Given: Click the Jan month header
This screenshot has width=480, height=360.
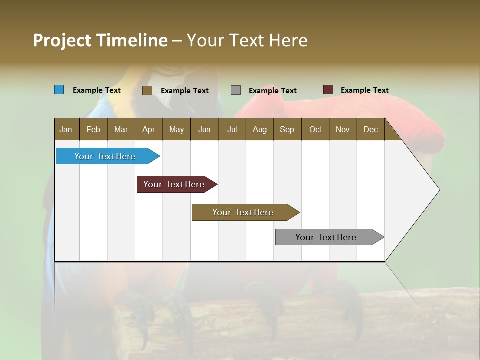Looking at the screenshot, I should click(66, 129).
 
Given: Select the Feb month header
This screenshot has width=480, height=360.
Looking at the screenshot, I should click(93, 129).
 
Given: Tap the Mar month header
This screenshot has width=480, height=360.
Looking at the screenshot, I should click(121, 129).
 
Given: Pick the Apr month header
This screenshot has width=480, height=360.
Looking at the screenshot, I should click(149, 129).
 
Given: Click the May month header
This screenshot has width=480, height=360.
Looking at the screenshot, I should click(176, 129).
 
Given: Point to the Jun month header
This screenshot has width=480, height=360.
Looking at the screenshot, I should click(204, 129).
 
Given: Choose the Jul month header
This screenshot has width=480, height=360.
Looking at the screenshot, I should click(232, 129).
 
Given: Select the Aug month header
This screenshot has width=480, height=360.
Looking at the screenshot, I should click(260, 129).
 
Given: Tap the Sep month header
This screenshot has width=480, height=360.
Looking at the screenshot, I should click(287, 129).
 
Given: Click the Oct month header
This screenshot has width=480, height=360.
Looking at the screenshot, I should click(315, 129).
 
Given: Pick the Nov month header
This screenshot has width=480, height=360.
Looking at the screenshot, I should click(343, 129).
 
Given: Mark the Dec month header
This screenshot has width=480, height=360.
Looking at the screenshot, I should click(371, 129).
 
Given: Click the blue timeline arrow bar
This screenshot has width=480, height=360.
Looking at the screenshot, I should click(105, 156).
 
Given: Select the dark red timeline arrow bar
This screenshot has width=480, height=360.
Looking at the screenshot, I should click(174, 184).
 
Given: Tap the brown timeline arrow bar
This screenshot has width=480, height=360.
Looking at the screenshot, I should click(243, 212).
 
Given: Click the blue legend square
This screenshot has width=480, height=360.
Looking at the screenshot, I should click(59, 90).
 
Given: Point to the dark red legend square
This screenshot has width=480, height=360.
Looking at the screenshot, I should click(328, 90).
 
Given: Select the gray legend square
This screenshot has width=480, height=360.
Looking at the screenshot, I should click(236, 90).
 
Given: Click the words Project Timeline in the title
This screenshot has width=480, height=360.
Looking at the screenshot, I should click(100, 40).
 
